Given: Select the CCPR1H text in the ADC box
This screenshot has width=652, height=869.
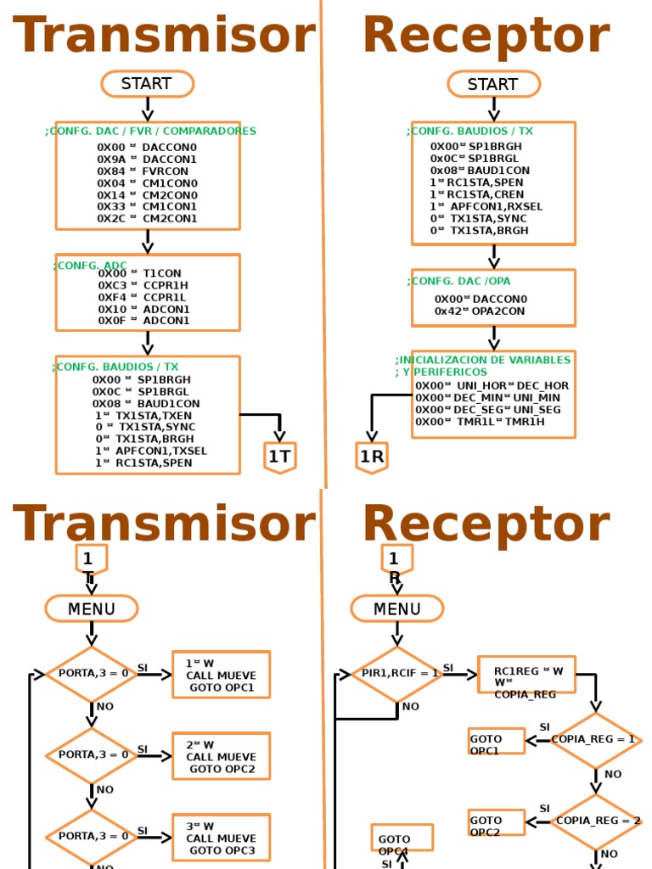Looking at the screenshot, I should tap(166, 285).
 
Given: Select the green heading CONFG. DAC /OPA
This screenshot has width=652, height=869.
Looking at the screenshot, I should tap(461, 281).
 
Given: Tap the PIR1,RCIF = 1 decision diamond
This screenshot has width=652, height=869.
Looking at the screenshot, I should tap(396, 674).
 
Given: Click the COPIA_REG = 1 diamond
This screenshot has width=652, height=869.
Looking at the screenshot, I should tap(595, 740).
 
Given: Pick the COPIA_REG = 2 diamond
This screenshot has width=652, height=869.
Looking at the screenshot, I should tap(595, 821).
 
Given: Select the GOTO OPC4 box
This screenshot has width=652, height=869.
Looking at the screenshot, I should tap(402, 838).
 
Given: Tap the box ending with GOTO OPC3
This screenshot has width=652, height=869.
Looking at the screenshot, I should tap(222, 838).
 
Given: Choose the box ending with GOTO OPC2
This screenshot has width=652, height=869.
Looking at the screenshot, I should tap(222, 756).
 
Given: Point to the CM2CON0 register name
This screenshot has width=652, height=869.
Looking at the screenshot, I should tap(170, 194).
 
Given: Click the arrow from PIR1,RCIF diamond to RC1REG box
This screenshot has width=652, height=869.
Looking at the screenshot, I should tap(461, 675).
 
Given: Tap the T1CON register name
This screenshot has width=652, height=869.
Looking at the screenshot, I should tap(162, 273).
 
